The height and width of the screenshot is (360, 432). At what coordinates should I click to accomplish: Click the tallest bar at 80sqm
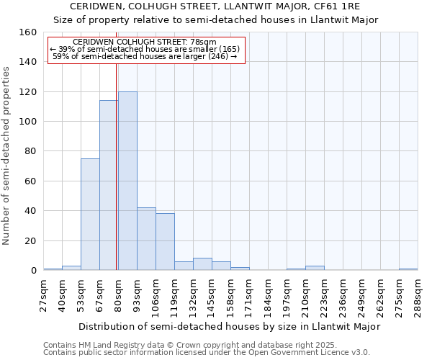point(127,181)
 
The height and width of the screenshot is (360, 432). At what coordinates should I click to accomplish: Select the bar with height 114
point(109,185)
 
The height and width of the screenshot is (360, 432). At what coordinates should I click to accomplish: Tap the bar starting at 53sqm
point(90,214)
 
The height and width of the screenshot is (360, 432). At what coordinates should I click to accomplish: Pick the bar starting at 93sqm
point(146,238)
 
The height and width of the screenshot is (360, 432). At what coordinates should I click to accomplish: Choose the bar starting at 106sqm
point(165,241)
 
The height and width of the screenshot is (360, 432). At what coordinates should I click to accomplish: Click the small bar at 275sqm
point(408,269)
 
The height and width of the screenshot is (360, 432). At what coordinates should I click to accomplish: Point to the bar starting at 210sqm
point(315,268)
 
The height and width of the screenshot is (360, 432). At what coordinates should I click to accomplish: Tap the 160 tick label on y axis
point(27,32)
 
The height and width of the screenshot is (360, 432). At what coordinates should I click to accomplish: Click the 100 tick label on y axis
point(27,122)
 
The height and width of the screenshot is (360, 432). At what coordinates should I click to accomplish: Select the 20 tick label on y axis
point(30,241)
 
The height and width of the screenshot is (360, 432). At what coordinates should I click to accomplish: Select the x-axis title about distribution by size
point(229,326)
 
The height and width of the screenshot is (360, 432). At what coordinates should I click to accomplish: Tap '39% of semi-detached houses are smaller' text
point(145,49)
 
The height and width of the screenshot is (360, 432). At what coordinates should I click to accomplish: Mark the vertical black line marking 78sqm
point(117,166)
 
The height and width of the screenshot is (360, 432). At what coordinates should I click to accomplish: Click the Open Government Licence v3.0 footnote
point(207,352)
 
